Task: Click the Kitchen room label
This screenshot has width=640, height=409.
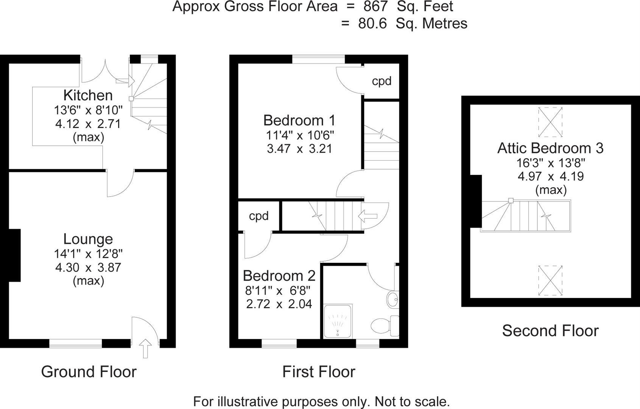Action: tap(88, 95)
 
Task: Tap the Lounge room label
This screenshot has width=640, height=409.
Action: tap(88, 239)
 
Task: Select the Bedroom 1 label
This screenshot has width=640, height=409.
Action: tap(299, 120)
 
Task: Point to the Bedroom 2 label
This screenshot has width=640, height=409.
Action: tap(279, 276)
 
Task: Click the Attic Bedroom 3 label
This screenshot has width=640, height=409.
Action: tap(550, 148)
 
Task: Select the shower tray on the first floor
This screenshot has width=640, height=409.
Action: tap(338, 321)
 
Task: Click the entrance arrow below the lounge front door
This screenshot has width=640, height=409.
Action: tap(145, 348)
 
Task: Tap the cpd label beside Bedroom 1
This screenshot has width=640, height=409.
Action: tap(381, 81)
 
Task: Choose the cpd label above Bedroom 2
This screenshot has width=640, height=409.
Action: tap(258, 216)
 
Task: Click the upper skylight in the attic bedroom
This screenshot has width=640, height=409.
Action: tap(550, 122)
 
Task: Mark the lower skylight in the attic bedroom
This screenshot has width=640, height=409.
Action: tap(550, 281)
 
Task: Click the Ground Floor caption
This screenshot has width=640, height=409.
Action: tap(89, 372)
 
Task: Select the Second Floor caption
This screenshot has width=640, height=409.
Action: tap(550, 331)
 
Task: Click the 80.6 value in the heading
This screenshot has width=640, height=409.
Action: tap(372, 23)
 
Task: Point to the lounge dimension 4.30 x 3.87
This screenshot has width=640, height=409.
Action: tap(88, 267)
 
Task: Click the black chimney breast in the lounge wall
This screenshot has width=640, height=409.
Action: tap(14, 255)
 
